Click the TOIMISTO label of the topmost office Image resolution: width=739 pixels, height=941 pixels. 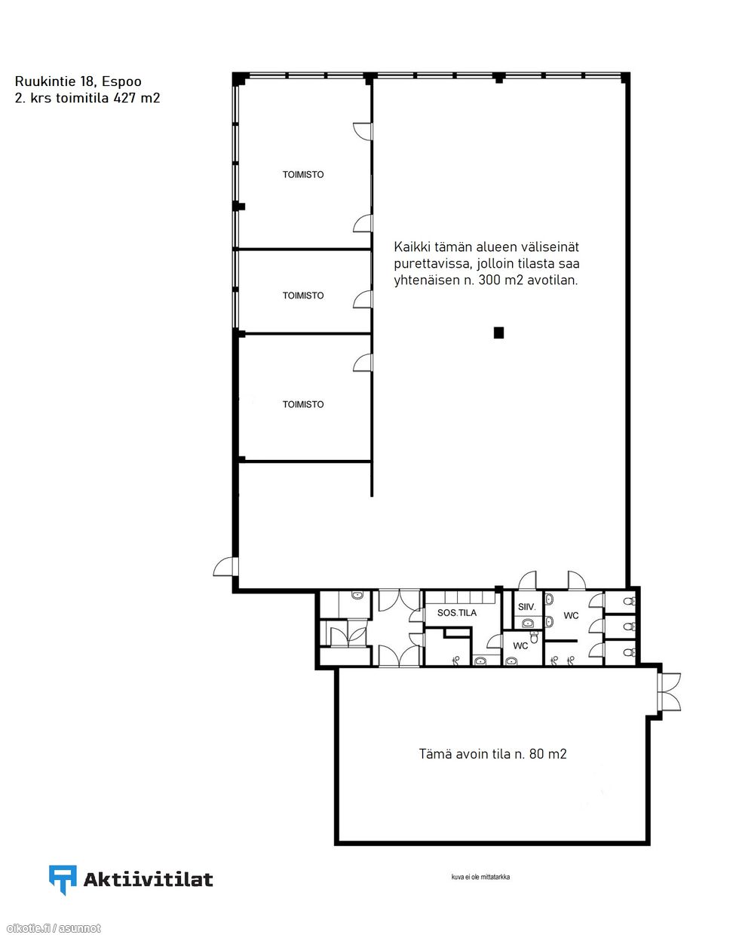click(303, 174)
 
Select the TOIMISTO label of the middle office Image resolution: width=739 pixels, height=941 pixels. click(303, 296)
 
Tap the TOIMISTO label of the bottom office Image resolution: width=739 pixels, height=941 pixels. click(303, 404)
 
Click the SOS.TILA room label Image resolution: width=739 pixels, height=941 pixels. click(457, 613)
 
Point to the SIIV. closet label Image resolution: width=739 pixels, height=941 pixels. click(527, 607)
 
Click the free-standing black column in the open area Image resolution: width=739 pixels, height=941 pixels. click(498, 333)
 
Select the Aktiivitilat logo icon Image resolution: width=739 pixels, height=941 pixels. click(63, 880)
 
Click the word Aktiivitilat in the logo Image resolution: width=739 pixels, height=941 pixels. click(148, 879)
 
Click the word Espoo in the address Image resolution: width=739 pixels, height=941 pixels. click(121, 81)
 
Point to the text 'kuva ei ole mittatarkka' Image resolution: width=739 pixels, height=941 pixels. click(480, 877)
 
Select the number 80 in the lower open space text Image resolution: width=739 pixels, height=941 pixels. click(536, 754)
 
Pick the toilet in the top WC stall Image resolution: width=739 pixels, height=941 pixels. click(629, 601)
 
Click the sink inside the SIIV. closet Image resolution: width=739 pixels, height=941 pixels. click(528, 623)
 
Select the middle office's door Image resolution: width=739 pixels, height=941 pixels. click(363, 299)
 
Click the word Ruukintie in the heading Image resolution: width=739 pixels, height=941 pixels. click(45, 81)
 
